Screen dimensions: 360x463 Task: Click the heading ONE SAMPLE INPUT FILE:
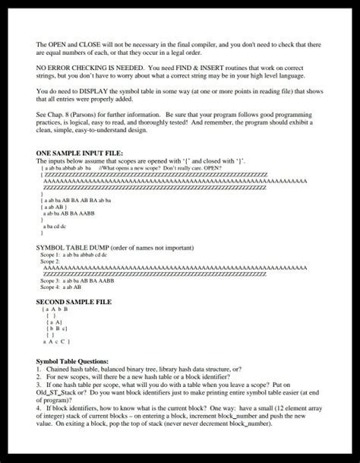point(79,153)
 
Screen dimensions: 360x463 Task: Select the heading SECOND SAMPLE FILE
point(74,301)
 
